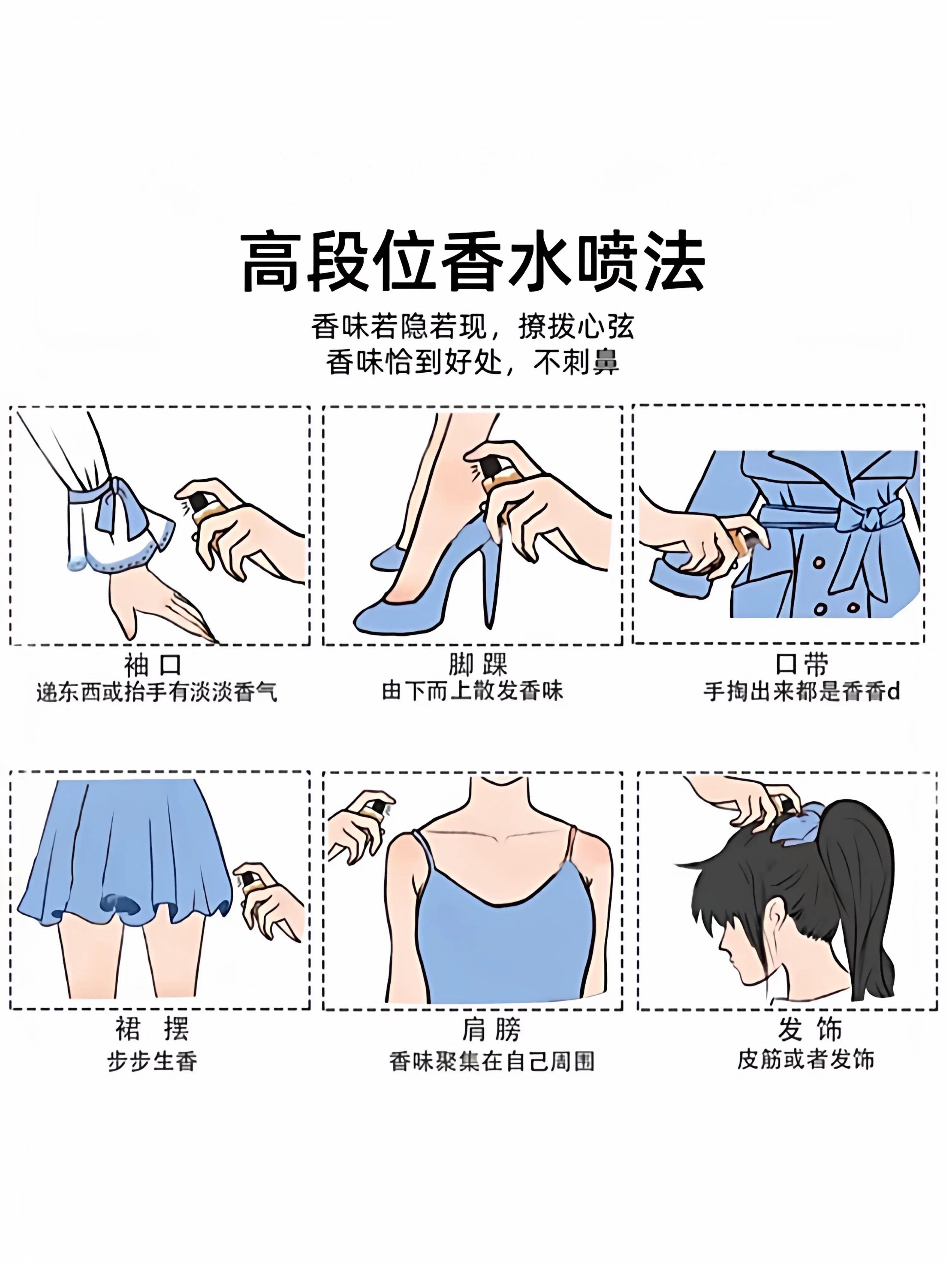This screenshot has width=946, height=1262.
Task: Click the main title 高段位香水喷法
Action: tap(473, 262)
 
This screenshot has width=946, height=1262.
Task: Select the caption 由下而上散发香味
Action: tap(472, 691)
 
